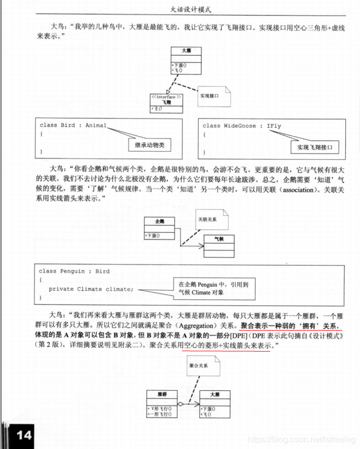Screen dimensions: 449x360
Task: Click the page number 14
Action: point(24,435)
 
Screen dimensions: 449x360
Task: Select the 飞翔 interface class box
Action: point(166,103)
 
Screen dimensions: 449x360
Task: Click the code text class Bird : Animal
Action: point(73,126)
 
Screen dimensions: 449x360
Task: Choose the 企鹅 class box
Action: point(160,228)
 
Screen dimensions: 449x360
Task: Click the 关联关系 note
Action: point(209,219)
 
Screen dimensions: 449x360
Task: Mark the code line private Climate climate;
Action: point(91,289)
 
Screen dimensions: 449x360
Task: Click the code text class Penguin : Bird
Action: point(74,271)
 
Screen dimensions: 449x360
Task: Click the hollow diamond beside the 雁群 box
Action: point(180,404)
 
